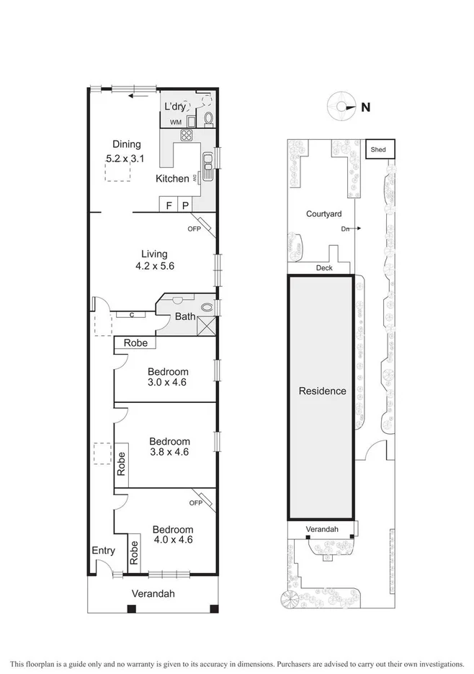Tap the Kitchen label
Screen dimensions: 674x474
coord(173,178)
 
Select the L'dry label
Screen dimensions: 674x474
coord(175,107)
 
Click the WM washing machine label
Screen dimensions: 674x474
coord(176,123)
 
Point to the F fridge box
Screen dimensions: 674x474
coord(169,205)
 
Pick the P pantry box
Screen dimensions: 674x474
coord(185,205)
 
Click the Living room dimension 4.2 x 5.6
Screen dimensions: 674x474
coord(153,266)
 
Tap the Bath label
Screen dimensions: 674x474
coord(186,316)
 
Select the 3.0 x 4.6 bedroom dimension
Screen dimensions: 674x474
coord(167,383)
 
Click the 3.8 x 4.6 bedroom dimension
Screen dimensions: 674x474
coord(169,453)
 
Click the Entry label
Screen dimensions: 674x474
coord(103,551)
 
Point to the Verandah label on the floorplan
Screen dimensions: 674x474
coord(153,594)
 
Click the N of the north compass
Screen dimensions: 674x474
coord(366,107)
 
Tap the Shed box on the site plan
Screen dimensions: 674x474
coord(378,150)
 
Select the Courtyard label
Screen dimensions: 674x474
coord(323,214)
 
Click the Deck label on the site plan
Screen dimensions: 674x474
coord(324,268)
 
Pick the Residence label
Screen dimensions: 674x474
coord(323,391)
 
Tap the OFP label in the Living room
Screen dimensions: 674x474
coord(194,229)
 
